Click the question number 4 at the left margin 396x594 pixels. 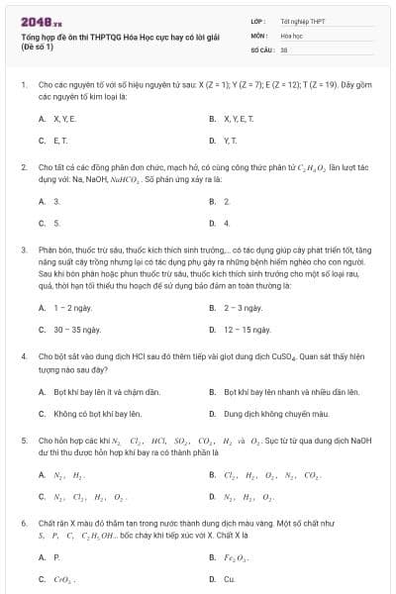point(23,354)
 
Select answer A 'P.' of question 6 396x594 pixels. point(56,557)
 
